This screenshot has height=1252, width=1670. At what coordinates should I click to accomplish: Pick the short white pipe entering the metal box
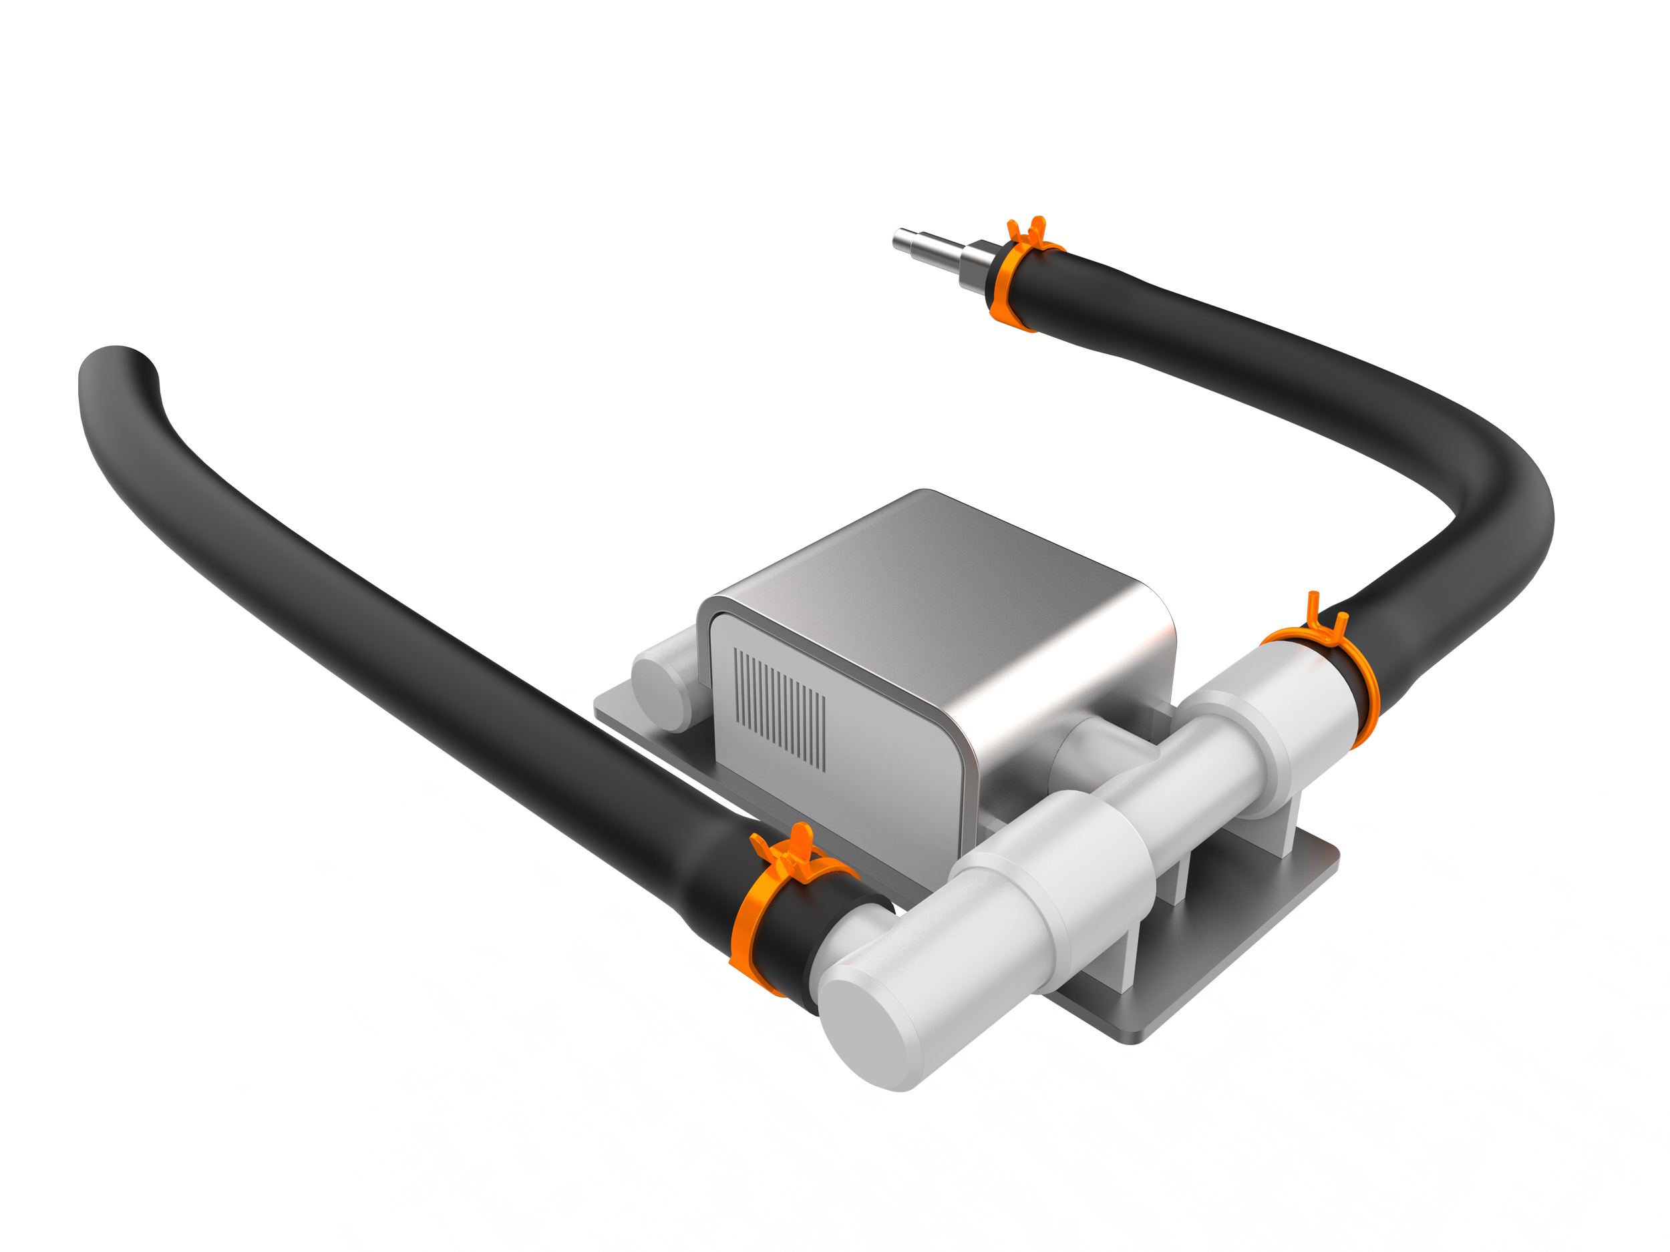pos(1087,747)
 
